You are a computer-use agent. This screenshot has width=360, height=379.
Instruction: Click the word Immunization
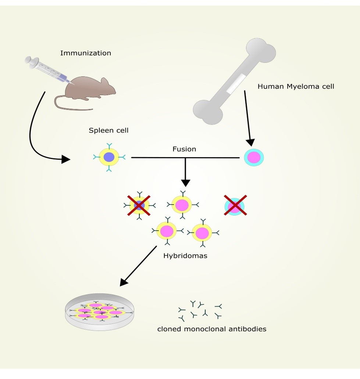[85, 53]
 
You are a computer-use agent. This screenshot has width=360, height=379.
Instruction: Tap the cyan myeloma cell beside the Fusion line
[254, 158]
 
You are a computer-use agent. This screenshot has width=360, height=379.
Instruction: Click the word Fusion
[184, 149]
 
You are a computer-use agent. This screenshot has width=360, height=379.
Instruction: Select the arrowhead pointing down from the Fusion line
[185, 182]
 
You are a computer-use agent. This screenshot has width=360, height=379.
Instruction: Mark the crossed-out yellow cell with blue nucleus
[139, 206]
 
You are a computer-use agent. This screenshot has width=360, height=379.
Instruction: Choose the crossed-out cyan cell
[235, 206]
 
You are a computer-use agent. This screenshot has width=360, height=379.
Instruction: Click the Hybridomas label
[185, 256]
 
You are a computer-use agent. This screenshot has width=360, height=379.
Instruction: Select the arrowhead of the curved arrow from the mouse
[65, 159]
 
